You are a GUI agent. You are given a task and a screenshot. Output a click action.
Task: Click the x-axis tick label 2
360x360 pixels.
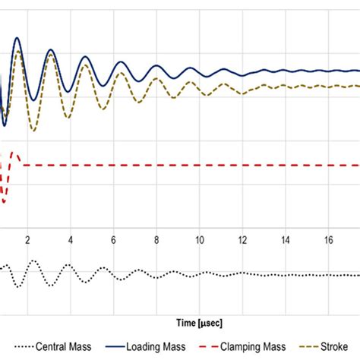pyautogui.click(x=27, y=240)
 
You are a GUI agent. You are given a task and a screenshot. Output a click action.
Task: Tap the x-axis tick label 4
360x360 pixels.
pyautogui.click(x=71, y=240)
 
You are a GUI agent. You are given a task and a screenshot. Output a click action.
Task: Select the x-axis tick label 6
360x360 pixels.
pyautogui.click(x=113, y=240)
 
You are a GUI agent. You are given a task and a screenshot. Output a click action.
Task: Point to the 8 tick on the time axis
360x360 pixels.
pyautogui.click(x=156, y=240)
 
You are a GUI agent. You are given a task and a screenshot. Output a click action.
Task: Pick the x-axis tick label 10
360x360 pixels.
pyautogui.click(x=199, y=240)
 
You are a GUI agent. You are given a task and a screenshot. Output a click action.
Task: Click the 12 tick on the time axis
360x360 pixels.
pyautogui.click(x=242, y=240)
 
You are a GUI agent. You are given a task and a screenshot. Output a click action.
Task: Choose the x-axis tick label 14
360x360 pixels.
pyautogui.click(x=285, y=240)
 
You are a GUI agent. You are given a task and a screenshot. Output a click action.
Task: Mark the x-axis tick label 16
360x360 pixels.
pyautogui.click(x=328, y=240)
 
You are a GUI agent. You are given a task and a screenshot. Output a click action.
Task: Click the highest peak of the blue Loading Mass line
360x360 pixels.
pyautogui.click(x=17, y=38)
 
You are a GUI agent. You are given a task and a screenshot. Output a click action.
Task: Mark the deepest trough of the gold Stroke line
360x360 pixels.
pyautogui.click(x=33, y=131)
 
